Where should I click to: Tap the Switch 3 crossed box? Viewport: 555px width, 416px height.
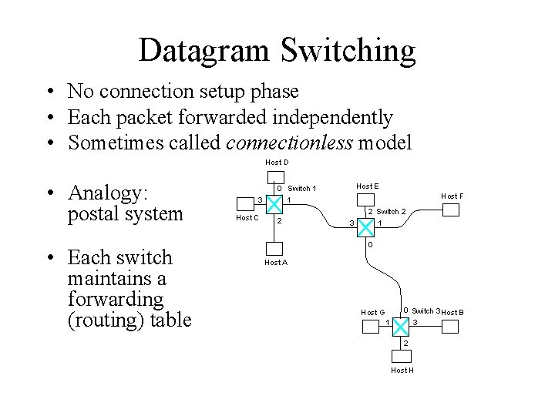pyautogui.click(x=400, y=326)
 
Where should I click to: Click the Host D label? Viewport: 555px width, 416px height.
pyautogui.click(x=277, y=162)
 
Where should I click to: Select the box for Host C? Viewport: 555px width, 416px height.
pyautogui.click(x=246, y=206)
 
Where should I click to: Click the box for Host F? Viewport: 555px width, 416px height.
pyautogui.click(x=451, y=210)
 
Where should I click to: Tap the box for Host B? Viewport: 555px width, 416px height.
pyautogui.click(x=450, y=327)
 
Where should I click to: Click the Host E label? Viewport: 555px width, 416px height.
pyautogui.click(x=367, y=186)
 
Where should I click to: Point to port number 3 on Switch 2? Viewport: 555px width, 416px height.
pyautogui.click(x=351, y=223)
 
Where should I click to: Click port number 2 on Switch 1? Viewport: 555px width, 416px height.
pyautogui.click(x=280, y=221)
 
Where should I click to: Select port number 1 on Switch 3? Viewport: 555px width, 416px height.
pyautogui.click(x=387, y=321)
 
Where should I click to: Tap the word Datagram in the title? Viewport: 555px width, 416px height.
pyautogui.click(x=205, y=51)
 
